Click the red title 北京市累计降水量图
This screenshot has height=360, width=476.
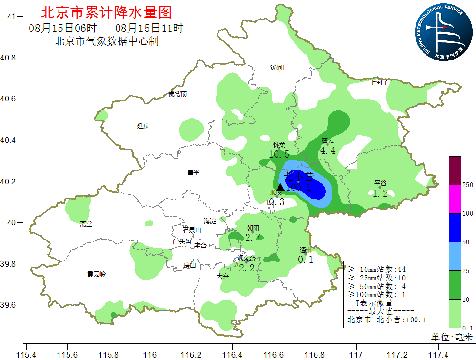click(107, 12)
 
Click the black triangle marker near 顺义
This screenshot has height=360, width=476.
click(280, 187)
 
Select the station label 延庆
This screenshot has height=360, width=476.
click(143, 126)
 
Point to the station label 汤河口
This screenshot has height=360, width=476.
click(279, 68)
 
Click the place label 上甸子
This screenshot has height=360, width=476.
click(379, 82)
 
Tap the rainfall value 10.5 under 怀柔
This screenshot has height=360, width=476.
click(279, 154)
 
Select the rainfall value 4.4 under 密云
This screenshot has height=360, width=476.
click(327, 150)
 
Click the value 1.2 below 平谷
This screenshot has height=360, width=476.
click(380, 193)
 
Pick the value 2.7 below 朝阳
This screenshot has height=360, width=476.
click(252, 237)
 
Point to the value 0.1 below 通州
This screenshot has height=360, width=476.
click(306, 260)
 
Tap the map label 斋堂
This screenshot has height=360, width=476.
click(86, 224)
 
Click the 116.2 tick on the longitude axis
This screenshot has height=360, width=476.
click(191, 354)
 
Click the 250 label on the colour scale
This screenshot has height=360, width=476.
click(467, 185)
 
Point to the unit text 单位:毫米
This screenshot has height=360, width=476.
click(452, 337)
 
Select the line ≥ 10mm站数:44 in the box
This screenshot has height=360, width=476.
click(377, 269)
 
